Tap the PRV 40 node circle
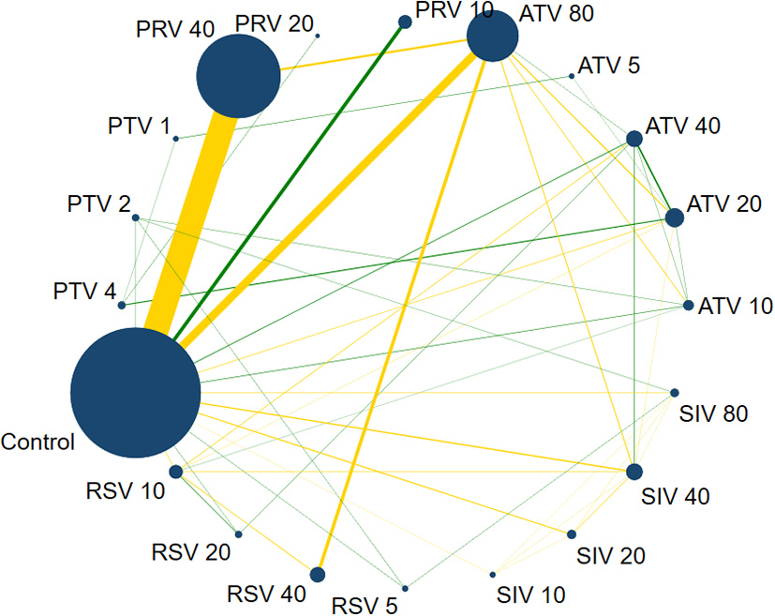238,76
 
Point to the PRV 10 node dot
405,21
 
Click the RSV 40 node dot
317,574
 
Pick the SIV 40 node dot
633,471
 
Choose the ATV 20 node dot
674,218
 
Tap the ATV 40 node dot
633,139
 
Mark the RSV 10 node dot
175,472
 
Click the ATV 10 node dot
689,306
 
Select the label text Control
38,442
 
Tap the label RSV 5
366,605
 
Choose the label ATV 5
609,67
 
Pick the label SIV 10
530,593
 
